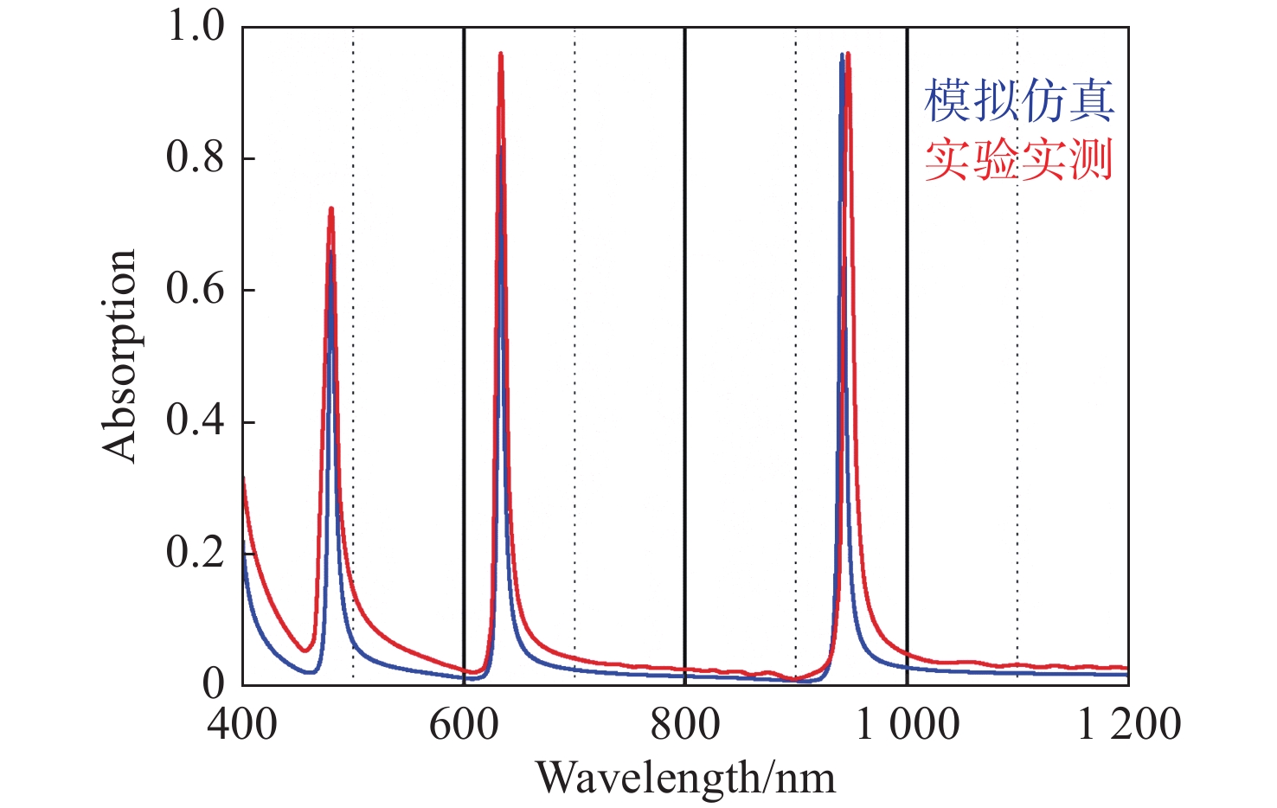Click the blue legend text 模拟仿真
1019,101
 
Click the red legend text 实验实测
1019,160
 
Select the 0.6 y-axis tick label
196,289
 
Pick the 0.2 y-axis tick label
196,552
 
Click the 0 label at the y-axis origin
214,683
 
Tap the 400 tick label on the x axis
242,724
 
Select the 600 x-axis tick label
464,724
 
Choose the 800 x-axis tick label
685,724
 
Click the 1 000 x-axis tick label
907,724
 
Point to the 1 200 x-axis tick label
1128,724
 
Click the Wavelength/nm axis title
685,778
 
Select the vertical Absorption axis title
119,355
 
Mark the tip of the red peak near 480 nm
330,208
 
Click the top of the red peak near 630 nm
500,54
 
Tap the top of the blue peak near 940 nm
841,55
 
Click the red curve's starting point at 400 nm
243,478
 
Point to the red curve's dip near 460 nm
305,651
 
